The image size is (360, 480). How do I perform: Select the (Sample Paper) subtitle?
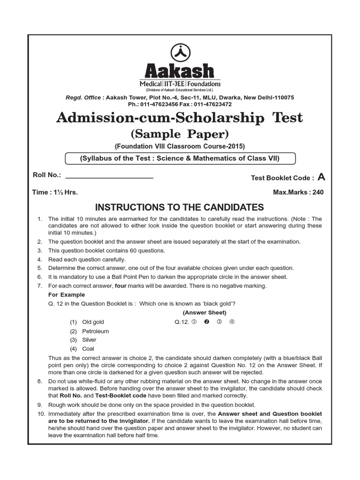(180, 134)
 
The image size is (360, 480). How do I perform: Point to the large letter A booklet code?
(321, 177)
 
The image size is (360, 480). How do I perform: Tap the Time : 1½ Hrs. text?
(55, 192)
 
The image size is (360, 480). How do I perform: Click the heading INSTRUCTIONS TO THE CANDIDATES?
(180, 207)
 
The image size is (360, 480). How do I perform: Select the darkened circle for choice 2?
(206, 322)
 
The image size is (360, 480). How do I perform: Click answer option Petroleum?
(95, 331)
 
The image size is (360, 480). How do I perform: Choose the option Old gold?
(93, 322)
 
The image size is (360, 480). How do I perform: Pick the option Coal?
(88, 349)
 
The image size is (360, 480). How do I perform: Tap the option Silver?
(89, 340)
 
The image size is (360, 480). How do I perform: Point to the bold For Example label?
(67, 295)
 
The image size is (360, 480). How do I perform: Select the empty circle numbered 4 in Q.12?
(232, 322)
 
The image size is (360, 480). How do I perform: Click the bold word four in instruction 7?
(121, 286)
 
